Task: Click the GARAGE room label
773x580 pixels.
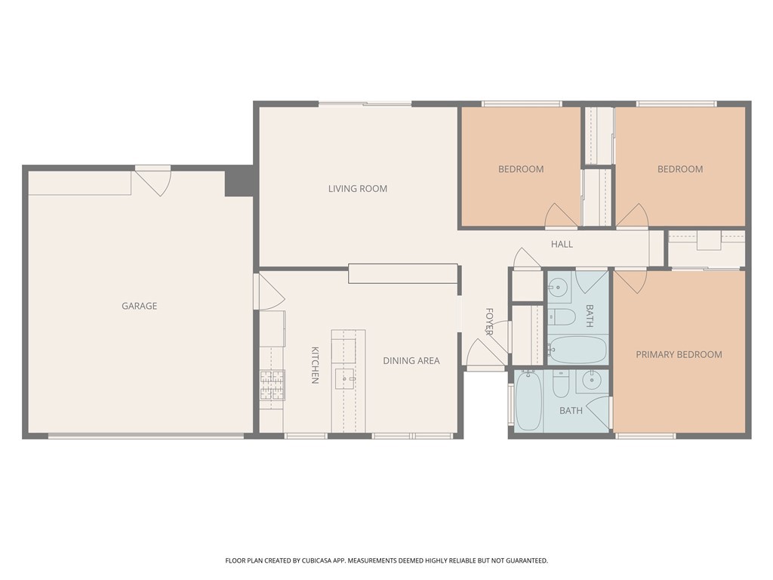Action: [140, 306]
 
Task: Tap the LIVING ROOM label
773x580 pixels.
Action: [357, 188]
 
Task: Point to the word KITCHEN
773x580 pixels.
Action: [315, 365]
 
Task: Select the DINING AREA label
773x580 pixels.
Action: [411, 360]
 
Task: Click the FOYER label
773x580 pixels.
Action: [489, 322]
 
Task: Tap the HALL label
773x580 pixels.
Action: [562, 244]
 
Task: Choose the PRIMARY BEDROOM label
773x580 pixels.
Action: [679, 354]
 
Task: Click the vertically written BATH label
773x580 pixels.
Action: [589, 316]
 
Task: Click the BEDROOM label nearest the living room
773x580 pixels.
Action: [521, 169]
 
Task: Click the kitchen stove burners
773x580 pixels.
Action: [272, 384]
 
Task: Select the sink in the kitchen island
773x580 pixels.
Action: [345, 379]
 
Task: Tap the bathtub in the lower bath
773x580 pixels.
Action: [528, 400]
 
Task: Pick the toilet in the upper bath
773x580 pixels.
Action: [562, 316]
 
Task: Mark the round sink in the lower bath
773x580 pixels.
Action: [591, 381]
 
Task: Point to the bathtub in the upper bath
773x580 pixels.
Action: [577, 350]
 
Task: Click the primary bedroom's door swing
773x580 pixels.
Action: [630, 282]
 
